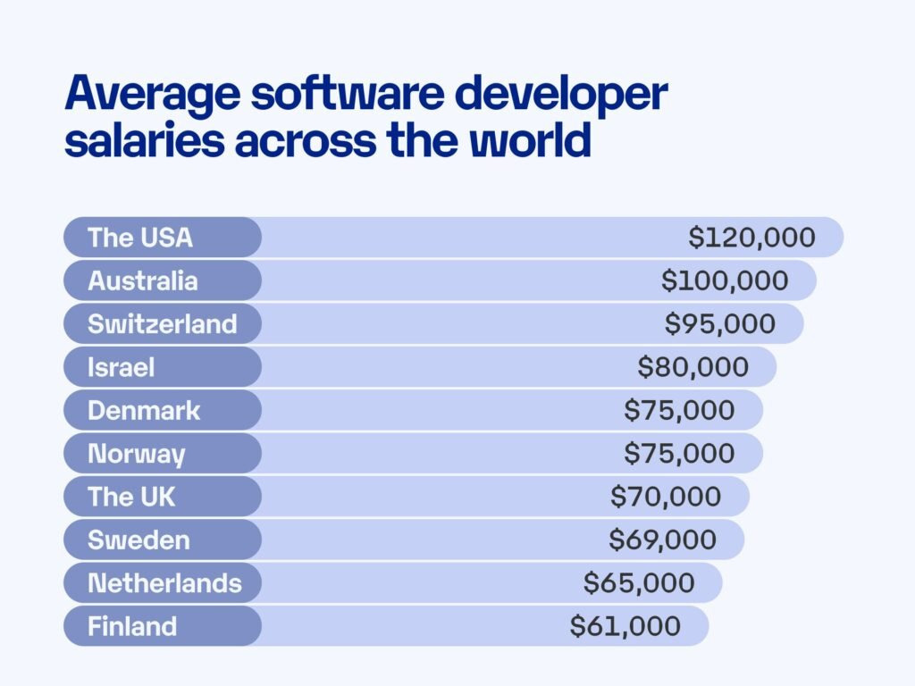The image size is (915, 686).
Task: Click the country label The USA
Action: (x=140, y=238)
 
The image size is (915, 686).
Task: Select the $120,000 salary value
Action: (x=751, y=238)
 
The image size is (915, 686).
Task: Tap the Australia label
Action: (x=143, y=280)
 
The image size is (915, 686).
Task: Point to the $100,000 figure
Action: (x=725, y=280)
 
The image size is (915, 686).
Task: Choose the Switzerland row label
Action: (x=163, y=323)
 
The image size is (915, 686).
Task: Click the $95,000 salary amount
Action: (x=720, y=323)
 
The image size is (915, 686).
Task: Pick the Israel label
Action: (x=122, y=367)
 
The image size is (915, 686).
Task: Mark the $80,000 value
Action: (x=693, y=367)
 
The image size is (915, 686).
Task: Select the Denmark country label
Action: (x=145, y=410)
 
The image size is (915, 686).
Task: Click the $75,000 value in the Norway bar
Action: (x=679, y=453)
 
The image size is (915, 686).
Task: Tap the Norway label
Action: (x=137, y=454)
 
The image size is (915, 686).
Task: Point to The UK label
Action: (x=132, y=497)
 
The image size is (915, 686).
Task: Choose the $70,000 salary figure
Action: (x=666, y=497)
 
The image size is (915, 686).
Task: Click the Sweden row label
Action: (x=139, y=540)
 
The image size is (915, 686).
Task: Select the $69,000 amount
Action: (x=662, y=540)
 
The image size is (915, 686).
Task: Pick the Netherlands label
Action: (x=164, y=583)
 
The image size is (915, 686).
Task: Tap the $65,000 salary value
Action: (x=639, y=583)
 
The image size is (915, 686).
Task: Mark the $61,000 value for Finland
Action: (x=625, y=626)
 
